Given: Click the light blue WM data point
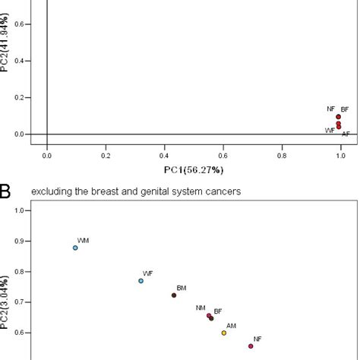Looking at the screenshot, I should pos(75,248).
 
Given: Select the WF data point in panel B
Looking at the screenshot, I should pos(141,281).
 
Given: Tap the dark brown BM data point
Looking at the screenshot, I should pos(174,295).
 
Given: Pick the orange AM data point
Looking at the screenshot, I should pos(224,333).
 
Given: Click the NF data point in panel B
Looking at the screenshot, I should pos(251,346).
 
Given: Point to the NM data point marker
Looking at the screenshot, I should pos(209,316).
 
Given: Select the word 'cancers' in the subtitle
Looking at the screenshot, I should pos(223,191).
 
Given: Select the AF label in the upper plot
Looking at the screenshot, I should pos(346,134).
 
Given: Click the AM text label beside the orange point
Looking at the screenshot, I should pos(231,325).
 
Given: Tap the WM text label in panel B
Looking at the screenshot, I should pos(83,240).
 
